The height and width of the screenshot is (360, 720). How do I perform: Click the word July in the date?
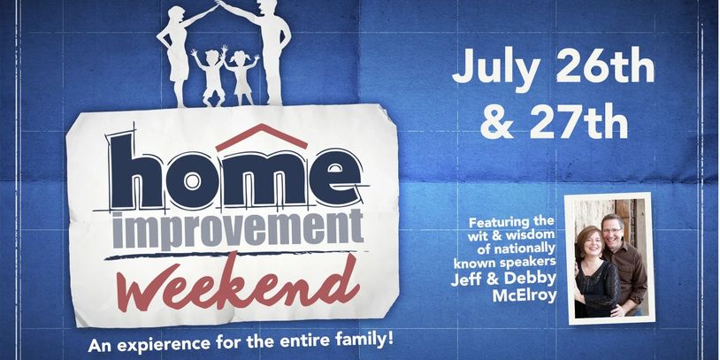[x=496, y=68]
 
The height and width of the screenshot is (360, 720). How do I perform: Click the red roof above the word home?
[x=261, y=136]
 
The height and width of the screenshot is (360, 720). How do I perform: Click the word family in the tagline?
[x=367, y=341]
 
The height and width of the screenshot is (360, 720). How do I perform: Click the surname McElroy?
[x=525, y=295]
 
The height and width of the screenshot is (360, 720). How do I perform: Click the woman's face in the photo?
[x=592, y=243]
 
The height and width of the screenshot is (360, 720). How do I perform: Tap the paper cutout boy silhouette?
[x=211, y=75]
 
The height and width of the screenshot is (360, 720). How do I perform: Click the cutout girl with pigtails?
[x=241, y=76]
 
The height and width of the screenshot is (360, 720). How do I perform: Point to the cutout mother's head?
[x=177, y=15]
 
